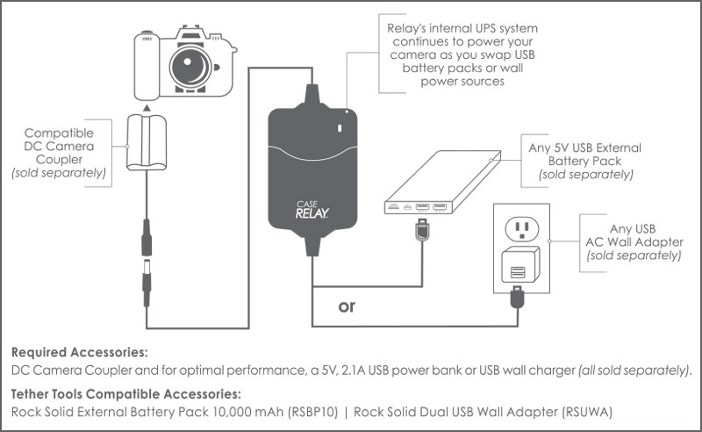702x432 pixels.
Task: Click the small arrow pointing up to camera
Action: tap(146, 106)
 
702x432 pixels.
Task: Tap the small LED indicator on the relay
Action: tap(342, 132)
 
